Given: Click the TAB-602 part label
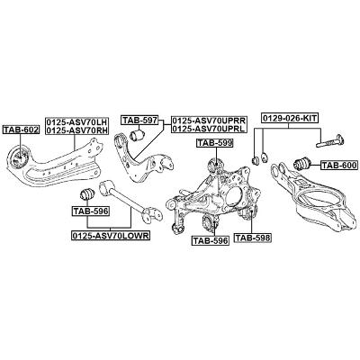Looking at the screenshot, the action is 21,130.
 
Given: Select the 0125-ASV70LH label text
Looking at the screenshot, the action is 77,122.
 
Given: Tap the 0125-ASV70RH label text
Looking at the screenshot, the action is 77,130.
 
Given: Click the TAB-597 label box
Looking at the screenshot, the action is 139,121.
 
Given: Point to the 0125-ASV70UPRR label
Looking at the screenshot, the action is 209,121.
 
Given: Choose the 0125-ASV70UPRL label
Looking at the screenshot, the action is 209,129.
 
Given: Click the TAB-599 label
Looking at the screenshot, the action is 214,143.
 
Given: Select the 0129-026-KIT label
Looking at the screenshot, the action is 290,118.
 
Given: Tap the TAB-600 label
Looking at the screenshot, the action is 339,165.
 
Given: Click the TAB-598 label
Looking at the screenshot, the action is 253,238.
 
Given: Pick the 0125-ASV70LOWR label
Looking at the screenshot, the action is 111,236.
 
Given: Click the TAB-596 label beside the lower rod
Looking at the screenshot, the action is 91,211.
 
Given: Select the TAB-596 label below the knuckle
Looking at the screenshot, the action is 211,240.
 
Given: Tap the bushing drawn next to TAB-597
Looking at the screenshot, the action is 137,134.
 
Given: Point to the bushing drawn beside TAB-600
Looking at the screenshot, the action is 302,164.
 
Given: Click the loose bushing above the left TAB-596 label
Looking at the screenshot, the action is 88,194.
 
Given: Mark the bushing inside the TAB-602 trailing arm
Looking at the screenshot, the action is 20,157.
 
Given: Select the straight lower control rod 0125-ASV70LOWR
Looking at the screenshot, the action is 130,200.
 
